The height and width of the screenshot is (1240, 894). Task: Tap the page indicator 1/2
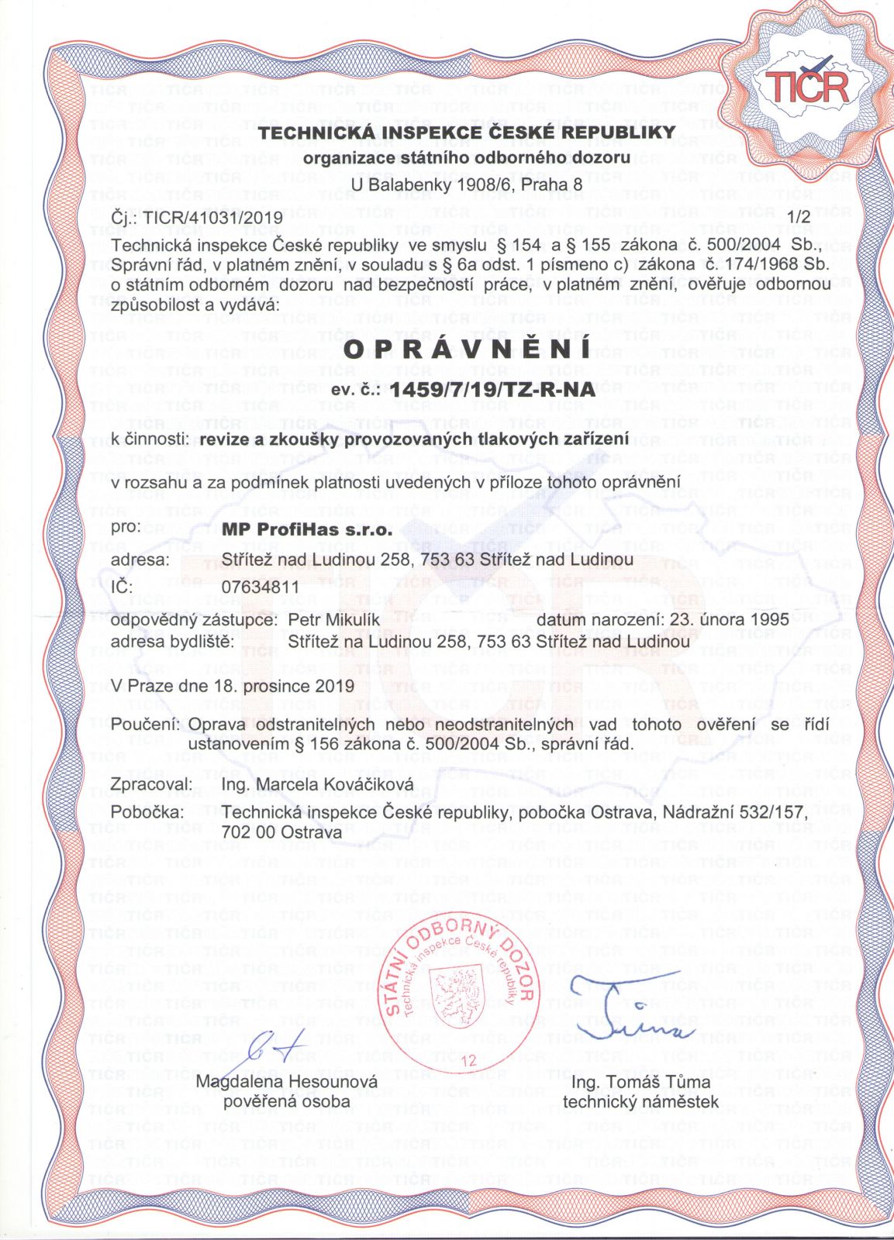pyautogui.click(x=798, y=218)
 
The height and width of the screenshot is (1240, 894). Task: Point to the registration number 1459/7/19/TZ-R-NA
pyautogui.click(x=494, y=389)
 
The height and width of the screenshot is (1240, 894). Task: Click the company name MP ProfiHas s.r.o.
pyautogui.click(x=307, y=532)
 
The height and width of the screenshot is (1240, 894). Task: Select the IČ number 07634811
pyautogui.click(x=260, y=587)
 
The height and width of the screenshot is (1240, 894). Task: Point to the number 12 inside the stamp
pyautogui.click(x=468, y=1061)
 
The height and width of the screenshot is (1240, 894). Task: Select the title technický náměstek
pyautogui.click(x=640, y=1101)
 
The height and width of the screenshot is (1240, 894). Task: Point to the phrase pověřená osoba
pyautogui.click(x=287, y=1101)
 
